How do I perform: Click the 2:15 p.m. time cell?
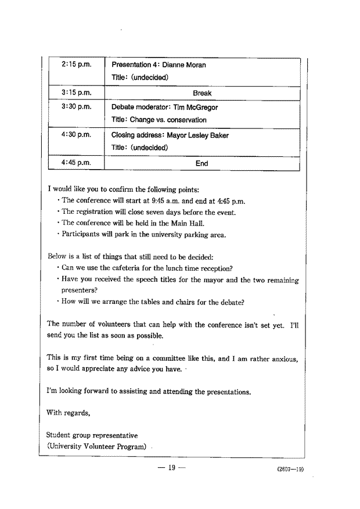pyautogui.click(x=76, y=64)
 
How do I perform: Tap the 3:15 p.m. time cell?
pyautogui.click(x=76, y=92)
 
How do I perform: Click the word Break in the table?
pyautogui.click(x=202, y=93)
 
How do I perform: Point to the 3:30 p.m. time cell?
pyautogui.click(x=76, y=107)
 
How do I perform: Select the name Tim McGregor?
pyautogui.click(x=195, y=107)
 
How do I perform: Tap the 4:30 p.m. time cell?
pyautogui.click(x=76, y=135)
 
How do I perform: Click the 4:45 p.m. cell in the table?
pyautogui.click(x=76, y=163)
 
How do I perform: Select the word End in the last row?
pyautogui.click(x=201, y=164)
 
